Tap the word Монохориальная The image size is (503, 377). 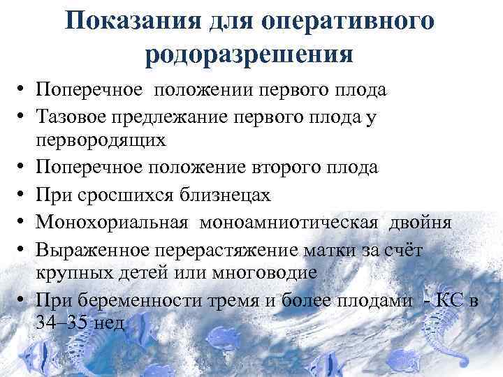[112, 222]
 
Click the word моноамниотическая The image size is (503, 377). [289, 222]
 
